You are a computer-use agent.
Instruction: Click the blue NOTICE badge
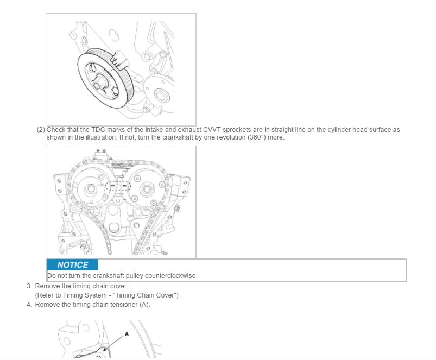pyautogui.click(x=73, y=264)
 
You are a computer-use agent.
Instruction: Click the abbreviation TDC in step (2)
pyautogui.click(x=98, y=130)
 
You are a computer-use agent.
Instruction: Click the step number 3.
pyautogui.click(x=29, y=286)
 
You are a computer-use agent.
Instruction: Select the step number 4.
pyautogui.click(x=29, y=305)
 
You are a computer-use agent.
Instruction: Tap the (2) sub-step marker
pyautogui.click(x=41, y=130)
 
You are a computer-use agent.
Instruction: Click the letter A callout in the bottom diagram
pyautogui.click(x=127, y=334)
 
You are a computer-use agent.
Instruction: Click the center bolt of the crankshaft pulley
pyautogui.click(x=98, y=81)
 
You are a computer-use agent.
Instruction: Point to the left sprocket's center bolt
pyautogui.click(x=90, y=190)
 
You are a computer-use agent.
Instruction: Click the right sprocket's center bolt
pyautogui.click(x=146, y=189)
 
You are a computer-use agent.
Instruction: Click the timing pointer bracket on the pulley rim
pyautogui.click(x=119, y=60)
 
